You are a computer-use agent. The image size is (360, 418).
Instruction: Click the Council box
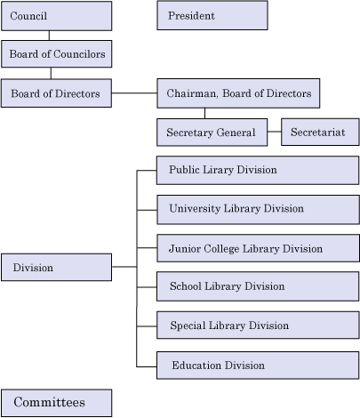(x=57, y=16)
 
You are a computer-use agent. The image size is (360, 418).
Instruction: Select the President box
(x=212, y=15)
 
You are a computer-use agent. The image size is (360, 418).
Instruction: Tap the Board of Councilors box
(x=57, y=54)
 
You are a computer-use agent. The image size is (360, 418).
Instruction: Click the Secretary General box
(x=212, y=133)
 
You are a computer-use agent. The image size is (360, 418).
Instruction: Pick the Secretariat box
(x=320, y=133)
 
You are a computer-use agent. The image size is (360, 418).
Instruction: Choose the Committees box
(x=57, y=403)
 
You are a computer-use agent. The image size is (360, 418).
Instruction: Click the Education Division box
(x=258, y=366)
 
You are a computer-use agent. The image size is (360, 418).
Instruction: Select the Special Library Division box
(x=258, y=326)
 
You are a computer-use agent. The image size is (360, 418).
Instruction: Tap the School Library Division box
(x=258, y=286)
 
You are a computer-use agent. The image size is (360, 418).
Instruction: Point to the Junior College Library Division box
(x=258, y=248)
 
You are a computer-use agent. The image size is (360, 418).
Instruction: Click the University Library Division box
(x=258, y=210)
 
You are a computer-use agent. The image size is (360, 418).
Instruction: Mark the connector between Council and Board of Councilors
(x=49, y=36)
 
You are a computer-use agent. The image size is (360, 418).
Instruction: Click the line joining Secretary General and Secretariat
(x=275, y=132)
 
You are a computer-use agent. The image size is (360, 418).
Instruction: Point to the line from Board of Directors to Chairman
(x=134, y=93)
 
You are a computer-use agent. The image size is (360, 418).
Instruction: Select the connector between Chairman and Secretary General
(x=204, y=113)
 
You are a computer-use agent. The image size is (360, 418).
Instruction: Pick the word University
(x=195, y=209)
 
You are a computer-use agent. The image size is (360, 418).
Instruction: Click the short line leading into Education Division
(x=147, y=366)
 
